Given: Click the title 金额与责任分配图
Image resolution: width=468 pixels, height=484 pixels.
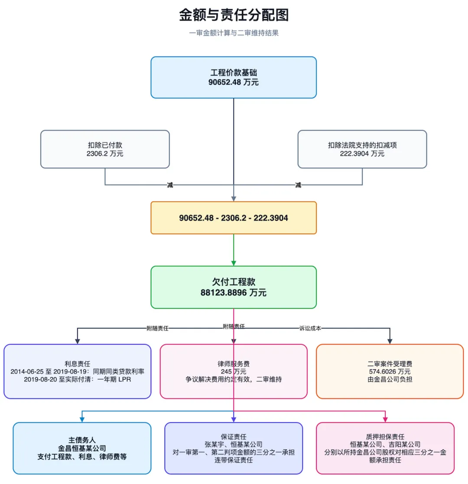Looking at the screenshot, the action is click(234, 15).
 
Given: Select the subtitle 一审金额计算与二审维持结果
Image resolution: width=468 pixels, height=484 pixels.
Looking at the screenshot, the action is click(234, 33).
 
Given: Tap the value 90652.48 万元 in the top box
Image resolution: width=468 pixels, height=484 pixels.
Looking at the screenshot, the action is click(234, 82).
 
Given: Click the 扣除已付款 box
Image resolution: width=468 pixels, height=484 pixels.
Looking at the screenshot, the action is click(105, 149).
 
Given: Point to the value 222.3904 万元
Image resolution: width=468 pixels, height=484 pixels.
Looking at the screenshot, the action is click(362, 153).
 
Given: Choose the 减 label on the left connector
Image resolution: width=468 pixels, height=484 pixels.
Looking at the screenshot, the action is click(170, 185).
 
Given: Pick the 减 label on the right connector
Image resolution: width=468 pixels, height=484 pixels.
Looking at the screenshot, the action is click(298, 185).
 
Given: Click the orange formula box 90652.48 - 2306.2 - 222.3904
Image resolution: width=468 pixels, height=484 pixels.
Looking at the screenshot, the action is click(234, 217).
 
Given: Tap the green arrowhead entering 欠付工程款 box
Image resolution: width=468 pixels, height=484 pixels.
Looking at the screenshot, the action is click(234, 263).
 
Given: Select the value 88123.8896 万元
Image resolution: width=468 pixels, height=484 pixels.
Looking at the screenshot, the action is click(234, 293).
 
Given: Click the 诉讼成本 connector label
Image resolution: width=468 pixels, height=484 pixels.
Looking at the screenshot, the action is click(310, 328).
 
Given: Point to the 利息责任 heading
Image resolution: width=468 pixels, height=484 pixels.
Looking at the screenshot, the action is click(77, 364).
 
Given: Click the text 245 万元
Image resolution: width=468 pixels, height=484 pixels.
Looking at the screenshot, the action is click(234, 371).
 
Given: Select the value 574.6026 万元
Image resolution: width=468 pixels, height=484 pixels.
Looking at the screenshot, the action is click(390, 371).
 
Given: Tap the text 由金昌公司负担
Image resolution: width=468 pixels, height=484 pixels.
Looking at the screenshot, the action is click(390, 379).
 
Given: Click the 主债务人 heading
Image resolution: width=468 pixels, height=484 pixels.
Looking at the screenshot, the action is click(82, 440).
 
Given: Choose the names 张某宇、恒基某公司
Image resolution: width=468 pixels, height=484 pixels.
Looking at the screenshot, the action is click(234, 444).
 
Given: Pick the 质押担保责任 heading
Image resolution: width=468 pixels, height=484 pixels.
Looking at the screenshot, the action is click(385, 436).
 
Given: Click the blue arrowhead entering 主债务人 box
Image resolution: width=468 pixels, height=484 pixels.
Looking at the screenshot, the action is click(82, 420).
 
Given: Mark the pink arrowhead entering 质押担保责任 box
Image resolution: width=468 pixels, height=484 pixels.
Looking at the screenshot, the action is click(385, 420).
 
